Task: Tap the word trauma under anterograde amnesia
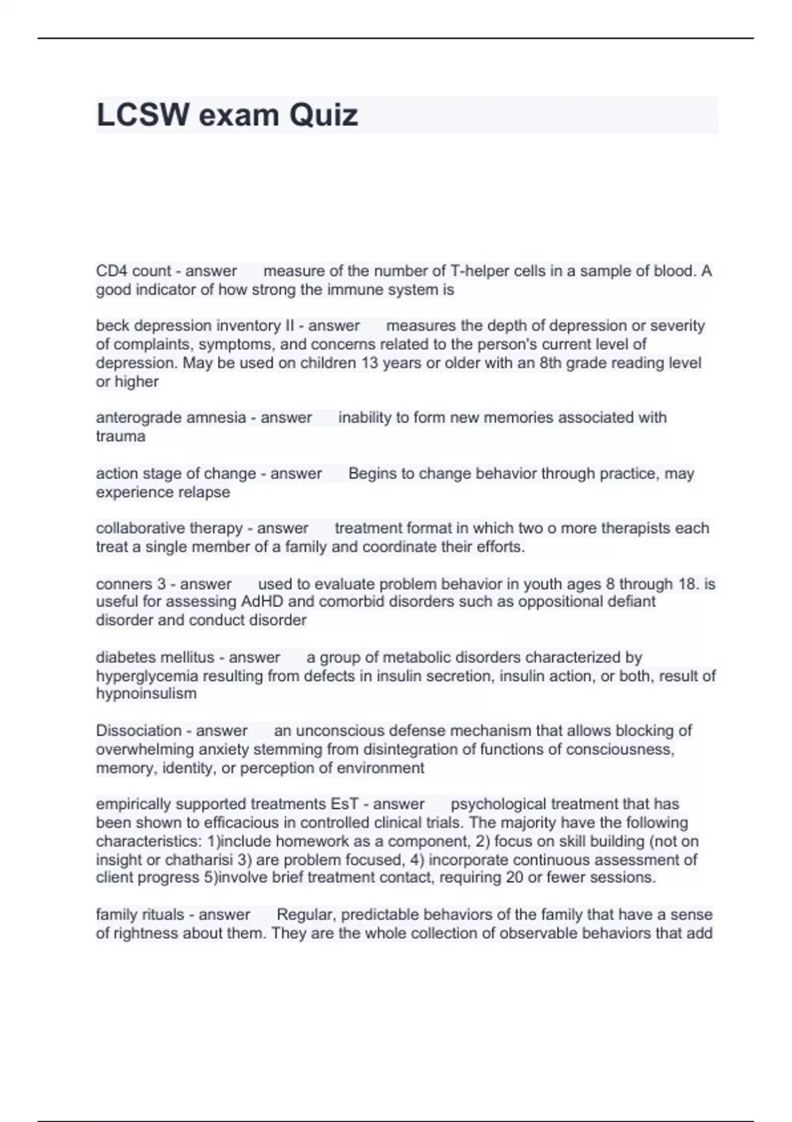pyautogui.click(x=120, y=436)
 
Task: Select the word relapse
pyautogui.click(x=204, y=492)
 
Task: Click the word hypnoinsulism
pyautogui.click(x=146, y=694)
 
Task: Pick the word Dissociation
pyautogui.click(x=138, y=731)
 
